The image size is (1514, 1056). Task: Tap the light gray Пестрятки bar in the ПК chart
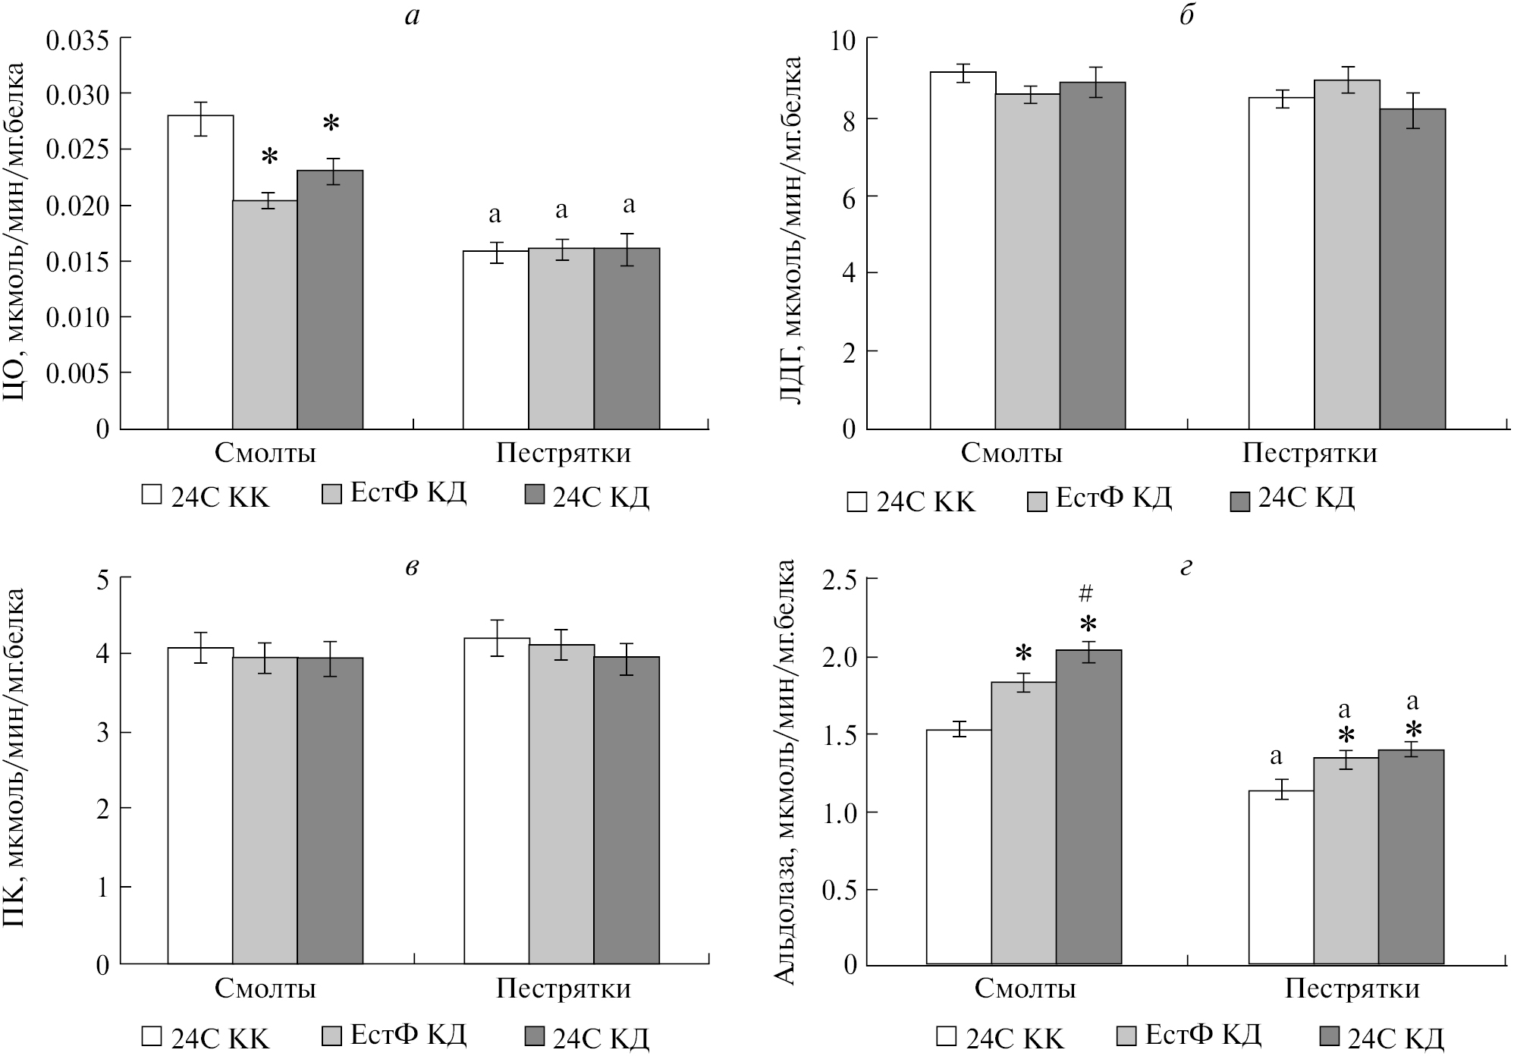pyautogui.click(x=561, y=804)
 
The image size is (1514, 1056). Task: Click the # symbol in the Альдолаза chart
pyautogui.click(x=1088, y=592)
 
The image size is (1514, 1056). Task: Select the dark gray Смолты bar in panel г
pyautogui.click(x=1088, y=807)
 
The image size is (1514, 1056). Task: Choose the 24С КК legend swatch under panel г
pyautogui.click(x=946, y=1037)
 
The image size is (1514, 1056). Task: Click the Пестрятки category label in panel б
pyautogui.click(x=1309, y=454)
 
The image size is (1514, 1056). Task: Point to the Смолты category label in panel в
pyautogui.click(x=265, y=989)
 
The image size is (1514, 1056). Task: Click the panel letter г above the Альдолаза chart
pyautogui.click(x=1186, y=567)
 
